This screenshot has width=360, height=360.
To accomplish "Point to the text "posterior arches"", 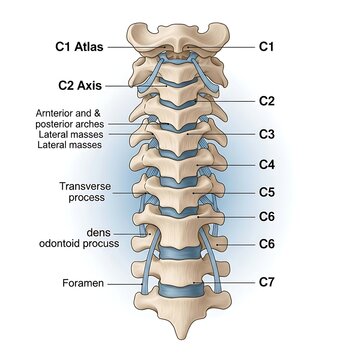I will tap(75, 123).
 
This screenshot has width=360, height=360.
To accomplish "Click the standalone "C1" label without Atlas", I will tap(268, 46).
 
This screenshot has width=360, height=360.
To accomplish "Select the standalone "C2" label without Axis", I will tap(268, 101).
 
